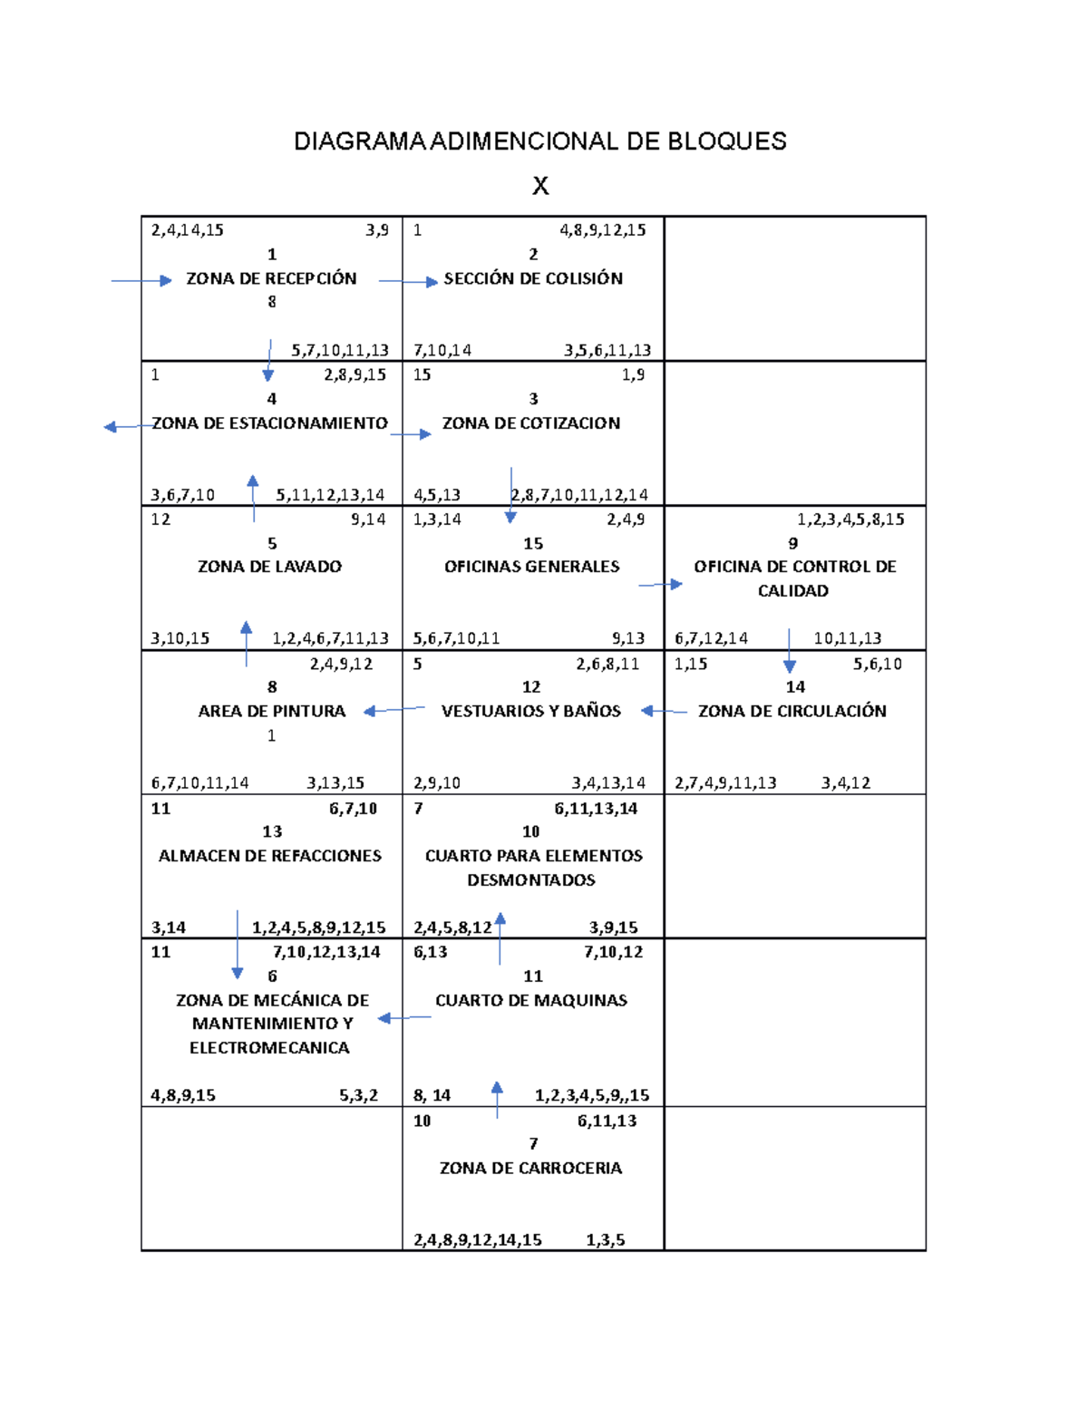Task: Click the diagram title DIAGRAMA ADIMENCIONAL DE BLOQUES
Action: coord(540,141)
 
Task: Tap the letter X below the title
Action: coord(540,186)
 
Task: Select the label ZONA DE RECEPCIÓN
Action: coord(271,278)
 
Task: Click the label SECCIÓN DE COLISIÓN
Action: coord(533,278)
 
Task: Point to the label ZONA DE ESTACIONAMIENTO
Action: coord(269,423)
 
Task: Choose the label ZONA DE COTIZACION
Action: coord(531,423)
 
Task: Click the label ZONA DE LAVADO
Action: coord(269,567)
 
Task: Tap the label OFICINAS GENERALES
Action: coord(532,567)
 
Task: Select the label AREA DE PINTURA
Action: coord(272,712)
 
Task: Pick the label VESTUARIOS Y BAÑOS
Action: coord(531,712)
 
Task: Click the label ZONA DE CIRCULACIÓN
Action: coord(792,712)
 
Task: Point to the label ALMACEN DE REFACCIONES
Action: coord(270,856)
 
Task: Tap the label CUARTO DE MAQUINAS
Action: coord(531,1001)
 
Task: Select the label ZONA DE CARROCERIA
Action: coord(531,1169)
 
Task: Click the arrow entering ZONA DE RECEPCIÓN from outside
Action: coord(141,281)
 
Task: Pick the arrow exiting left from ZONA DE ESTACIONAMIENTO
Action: coord(122,427)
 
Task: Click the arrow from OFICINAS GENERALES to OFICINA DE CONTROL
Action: coord(660,585)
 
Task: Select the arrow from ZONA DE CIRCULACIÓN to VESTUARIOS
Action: coord(664,712)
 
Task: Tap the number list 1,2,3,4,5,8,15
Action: coord(850,520)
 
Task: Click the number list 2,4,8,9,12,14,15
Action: coord(478,1240)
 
